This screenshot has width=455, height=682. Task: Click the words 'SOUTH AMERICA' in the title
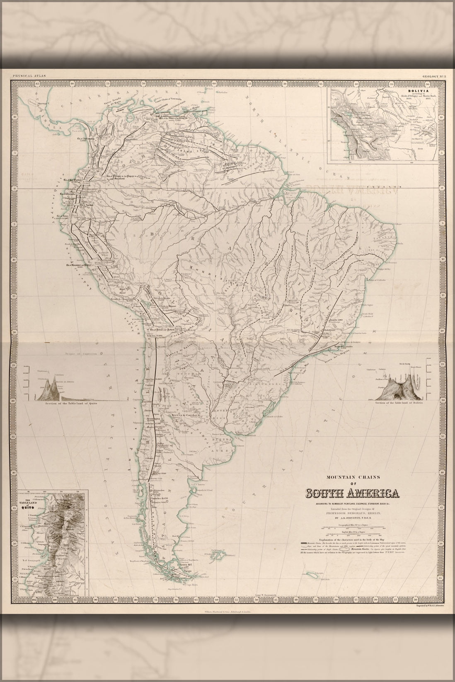click(352, 493)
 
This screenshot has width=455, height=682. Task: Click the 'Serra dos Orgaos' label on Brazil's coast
click(342, 354)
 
